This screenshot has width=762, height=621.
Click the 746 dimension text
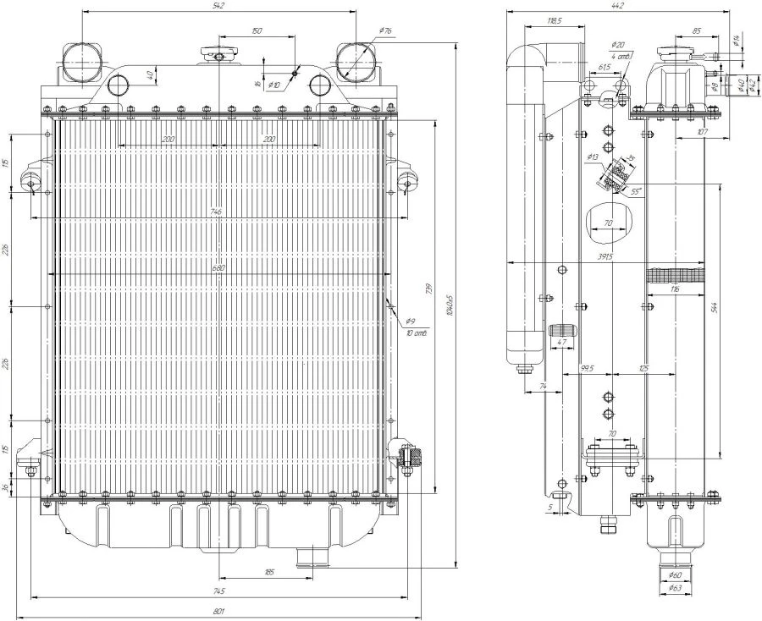coord(218,212)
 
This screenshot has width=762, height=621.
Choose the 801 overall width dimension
coord(218,612)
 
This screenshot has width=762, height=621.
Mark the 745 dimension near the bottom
coord(218,590)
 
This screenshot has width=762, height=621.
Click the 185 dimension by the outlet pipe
coord(268,573)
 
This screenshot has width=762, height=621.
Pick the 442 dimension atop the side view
coord(618,6)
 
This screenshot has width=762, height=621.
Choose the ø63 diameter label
coord(676,587)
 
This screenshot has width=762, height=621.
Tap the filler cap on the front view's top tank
coord(219,54)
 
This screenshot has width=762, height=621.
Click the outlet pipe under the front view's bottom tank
coord(311,555)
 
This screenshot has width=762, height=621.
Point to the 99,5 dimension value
coord(587,368)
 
